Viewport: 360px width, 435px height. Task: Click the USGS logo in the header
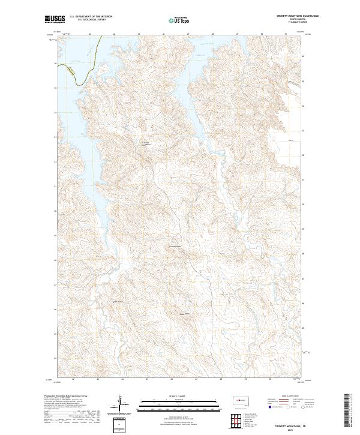pos(55,20)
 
